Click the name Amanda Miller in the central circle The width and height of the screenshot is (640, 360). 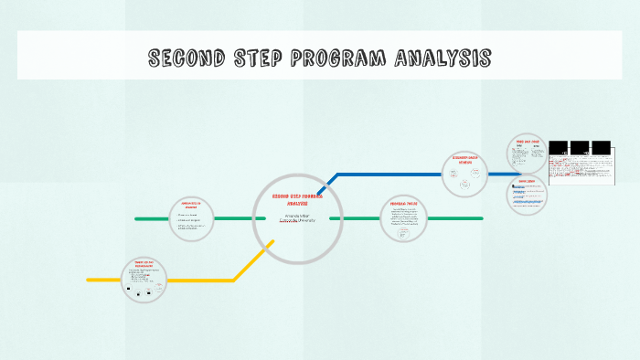click(298, 215)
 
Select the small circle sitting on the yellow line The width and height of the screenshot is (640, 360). click(145, 280)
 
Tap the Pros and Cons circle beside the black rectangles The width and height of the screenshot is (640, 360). click(528, 153)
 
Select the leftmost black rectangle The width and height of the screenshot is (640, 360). click(558, 148)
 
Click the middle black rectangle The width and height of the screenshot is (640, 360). click(580, 148)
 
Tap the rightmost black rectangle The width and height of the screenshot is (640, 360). click(602, 148)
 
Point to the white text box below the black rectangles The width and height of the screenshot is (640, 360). click(581, 171)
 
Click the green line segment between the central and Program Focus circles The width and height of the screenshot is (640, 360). click(359, 218)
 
